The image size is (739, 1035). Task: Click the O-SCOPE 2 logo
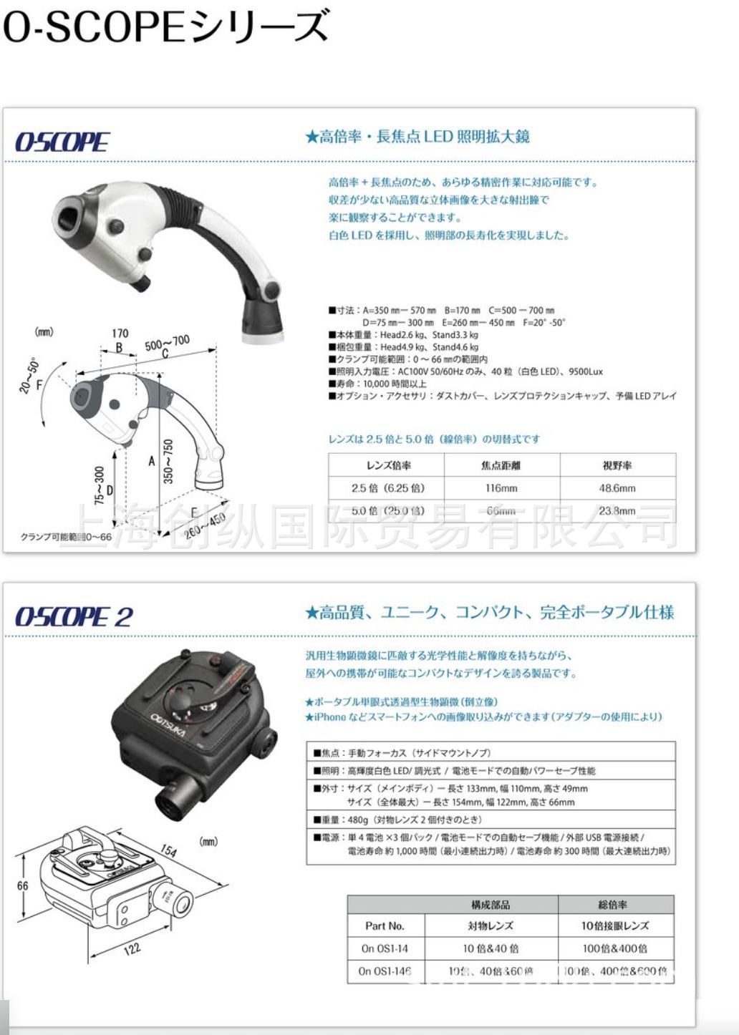click(x=74, y=616)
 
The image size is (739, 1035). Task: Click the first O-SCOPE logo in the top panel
click(x=62, y=142)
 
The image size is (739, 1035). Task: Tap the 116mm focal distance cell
click(x=501, y=488)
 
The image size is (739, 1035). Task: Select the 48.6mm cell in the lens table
click(x=617, y=488)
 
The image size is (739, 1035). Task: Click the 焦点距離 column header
click(x=501, y=465)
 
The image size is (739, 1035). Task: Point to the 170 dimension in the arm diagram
click(x=120, y=333)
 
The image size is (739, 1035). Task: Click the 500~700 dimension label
click(x=168, y=343)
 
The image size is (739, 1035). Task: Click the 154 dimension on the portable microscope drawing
click(x=168, y=850)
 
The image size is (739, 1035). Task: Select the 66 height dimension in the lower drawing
click(x=23, y=885)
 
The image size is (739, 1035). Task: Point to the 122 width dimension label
click(x=132, y=948)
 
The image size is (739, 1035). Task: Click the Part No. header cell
click(x=385, y=925)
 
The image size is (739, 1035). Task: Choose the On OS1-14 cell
click(x=385, y=948)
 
